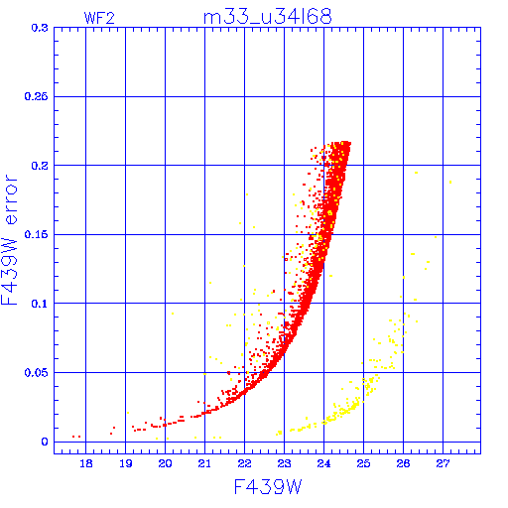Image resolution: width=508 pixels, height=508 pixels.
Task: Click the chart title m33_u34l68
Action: tap(267, 17)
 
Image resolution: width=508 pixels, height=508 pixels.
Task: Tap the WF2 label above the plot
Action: tap(99, 18)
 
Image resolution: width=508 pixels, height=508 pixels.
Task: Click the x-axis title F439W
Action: tap(268, 486)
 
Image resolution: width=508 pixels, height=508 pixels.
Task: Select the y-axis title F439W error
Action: tap(9, 239)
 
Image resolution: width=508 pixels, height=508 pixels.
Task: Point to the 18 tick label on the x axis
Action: tap(85, 463)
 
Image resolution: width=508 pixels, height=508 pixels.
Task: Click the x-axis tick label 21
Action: tap(204, 463)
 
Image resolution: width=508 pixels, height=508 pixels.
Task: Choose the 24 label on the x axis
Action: tap(323, 463)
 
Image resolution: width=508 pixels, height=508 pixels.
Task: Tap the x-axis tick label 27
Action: tap(443, 463)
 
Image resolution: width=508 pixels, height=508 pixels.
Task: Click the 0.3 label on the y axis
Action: tap(40, 28)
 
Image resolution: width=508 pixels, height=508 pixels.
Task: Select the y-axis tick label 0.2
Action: tap(40, 166)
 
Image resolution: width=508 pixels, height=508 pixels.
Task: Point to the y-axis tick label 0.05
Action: tap(37, 373)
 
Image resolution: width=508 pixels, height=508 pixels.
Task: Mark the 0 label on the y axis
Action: tap(45, 442)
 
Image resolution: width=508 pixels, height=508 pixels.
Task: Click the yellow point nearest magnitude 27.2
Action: tap(450, 182)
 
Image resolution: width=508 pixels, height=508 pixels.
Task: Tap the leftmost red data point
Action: tap(73, 437)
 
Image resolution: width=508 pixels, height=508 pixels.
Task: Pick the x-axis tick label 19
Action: tap(126, 463)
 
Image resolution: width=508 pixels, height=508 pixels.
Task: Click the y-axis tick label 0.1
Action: tap(40, 304)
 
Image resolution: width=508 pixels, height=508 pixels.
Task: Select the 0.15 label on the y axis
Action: tap(37, 234)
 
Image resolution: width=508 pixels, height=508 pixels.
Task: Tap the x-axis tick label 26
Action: tap(403, 463)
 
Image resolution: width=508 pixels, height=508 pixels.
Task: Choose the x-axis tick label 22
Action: tap(244, 463)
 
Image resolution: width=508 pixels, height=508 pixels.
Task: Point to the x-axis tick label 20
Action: tap(165, 463)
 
